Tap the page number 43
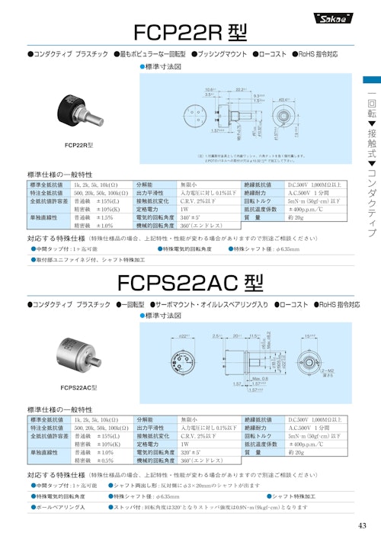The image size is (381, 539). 361,525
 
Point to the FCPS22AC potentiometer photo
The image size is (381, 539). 79,358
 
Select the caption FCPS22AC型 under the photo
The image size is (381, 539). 78,388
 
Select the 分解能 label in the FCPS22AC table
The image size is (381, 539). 149,420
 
